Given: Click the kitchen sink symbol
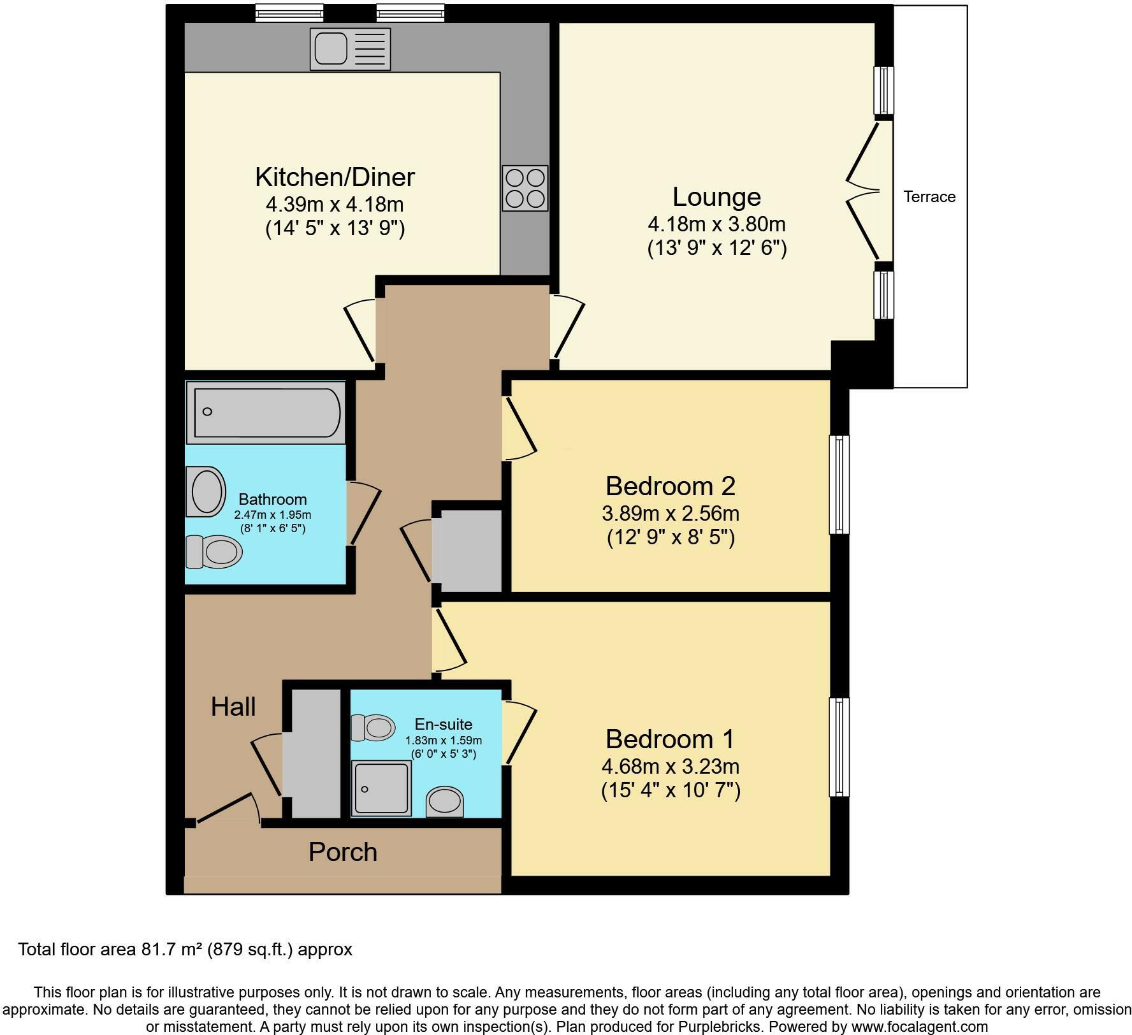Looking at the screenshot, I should pyautogui.click(x=350, y=48).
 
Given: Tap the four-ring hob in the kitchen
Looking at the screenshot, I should pyautogui.click(x=525, y=189).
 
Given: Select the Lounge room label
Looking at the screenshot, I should pyautogui.click(x=716, y=197).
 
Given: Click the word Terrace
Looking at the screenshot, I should pyautogui.click(x=929, y=197).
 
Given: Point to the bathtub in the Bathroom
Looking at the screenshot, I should pyautogui.click(x=266, y=412).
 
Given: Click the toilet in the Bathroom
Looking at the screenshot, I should pyautogui.click(x=214, y=551).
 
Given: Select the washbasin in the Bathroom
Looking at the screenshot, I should pyautogui.click(x=206, y=492).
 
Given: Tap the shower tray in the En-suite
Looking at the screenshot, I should pyautogui.click(x=382, y=788).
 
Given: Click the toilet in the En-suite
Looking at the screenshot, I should pyautogui.click(x=374, y=727).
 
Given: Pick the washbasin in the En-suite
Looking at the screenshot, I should pyautogui.click(x=444, y=801).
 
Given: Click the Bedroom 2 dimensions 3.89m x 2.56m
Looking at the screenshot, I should pyautogui.click(x=670, y=513).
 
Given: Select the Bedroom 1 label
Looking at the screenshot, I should pyautogui.click(x=670, y=739).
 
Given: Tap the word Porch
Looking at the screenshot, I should pyautogui.click(x=343, y=852).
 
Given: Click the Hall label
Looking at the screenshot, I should pyautogui.click(x=233, y=707).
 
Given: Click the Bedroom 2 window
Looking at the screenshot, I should pyautogui.click(x=839, y=484).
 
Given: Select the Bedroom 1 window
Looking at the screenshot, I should pyautogui.click(x=839, y=747).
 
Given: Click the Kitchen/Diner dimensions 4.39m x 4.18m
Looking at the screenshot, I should pyautogui.click(x=335, y=205).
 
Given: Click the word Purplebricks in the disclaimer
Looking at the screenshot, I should pyautogui.click(x=723, y=1027).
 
